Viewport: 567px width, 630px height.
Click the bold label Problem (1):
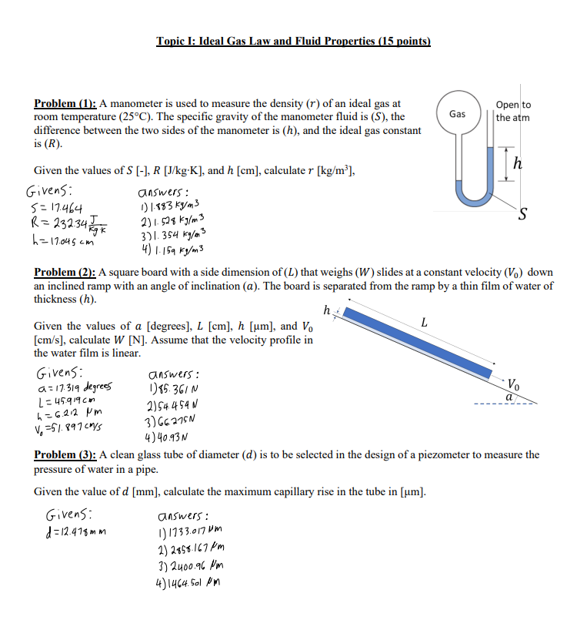coord(65,103)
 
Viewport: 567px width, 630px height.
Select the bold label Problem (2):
coord(65,273)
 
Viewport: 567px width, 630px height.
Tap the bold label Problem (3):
coord(65,455)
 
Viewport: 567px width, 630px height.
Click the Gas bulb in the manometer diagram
coord(457,114)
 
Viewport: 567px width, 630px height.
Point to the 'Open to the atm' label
coord(513,111)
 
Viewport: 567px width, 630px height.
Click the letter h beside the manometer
coord(518,163)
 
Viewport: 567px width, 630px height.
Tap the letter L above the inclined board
coord(424,323)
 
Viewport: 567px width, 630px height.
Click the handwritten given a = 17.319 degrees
coord(74,387)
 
